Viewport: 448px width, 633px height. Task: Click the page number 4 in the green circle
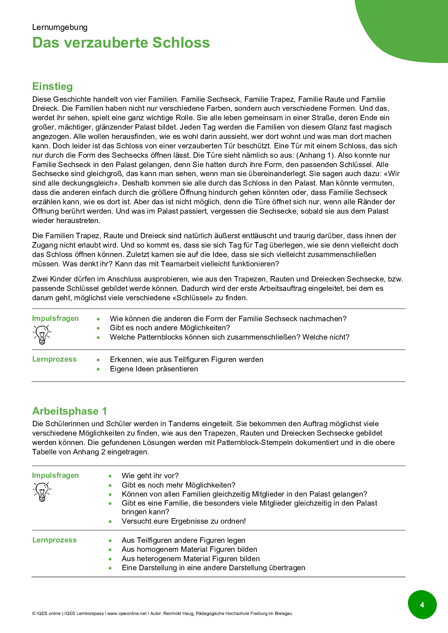pos(422,604)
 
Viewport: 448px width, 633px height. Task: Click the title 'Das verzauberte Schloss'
pos(121,43)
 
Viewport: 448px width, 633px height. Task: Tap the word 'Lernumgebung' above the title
pos(60,27)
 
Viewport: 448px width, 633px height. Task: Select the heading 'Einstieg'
pos(52,86)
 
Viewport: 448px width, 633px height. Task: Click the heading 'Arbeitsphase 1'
pos(69,411)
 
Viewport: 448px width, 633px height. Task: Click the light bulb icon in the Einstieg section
pos(42,334)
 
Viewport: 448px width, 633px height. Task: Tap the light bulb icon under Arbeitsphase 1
pos(42,492)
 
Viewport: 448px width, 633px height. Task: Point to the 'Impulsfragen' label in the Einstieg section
pos(55,318)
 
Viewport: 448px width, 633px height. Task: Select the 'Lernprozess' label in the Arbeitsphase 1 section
pos(55,540)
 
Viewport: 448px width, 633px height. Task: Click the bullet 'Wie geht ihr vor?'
pos(150,476)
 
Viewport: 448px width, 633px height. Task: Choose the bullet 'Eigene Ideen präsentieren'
pos(154,369)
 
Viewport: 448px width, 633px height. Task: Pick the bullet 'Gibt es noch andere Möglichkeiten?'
pos(170,328)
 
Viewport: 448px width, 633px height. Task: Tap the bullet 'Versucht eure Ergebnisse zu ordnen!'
pos(184,521)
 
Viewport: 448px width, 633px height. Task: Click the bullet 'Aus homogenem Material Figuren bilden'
pos(189,549)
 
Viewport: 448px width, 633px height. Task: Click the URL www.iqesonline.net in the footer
pos(127,614)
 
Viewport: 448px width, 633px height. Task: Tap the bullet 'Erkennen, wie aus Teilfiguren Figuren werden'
pos(186,359)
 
